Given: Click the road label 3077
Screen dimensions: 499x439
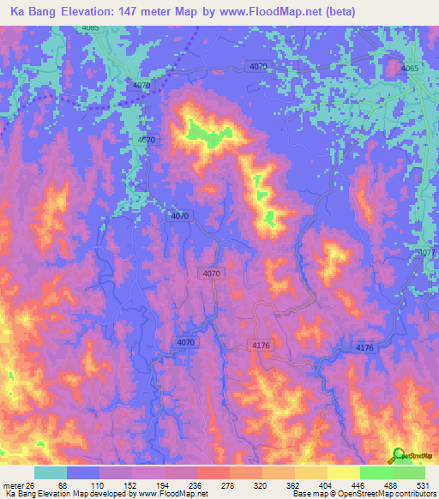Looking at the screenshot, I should (428, 253).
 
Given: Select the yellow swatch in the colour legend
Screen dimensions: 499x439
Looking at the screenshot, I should (343, 472).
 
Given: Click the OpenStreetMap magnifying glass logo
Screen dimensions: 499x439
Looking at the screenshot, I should (399, 454).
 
